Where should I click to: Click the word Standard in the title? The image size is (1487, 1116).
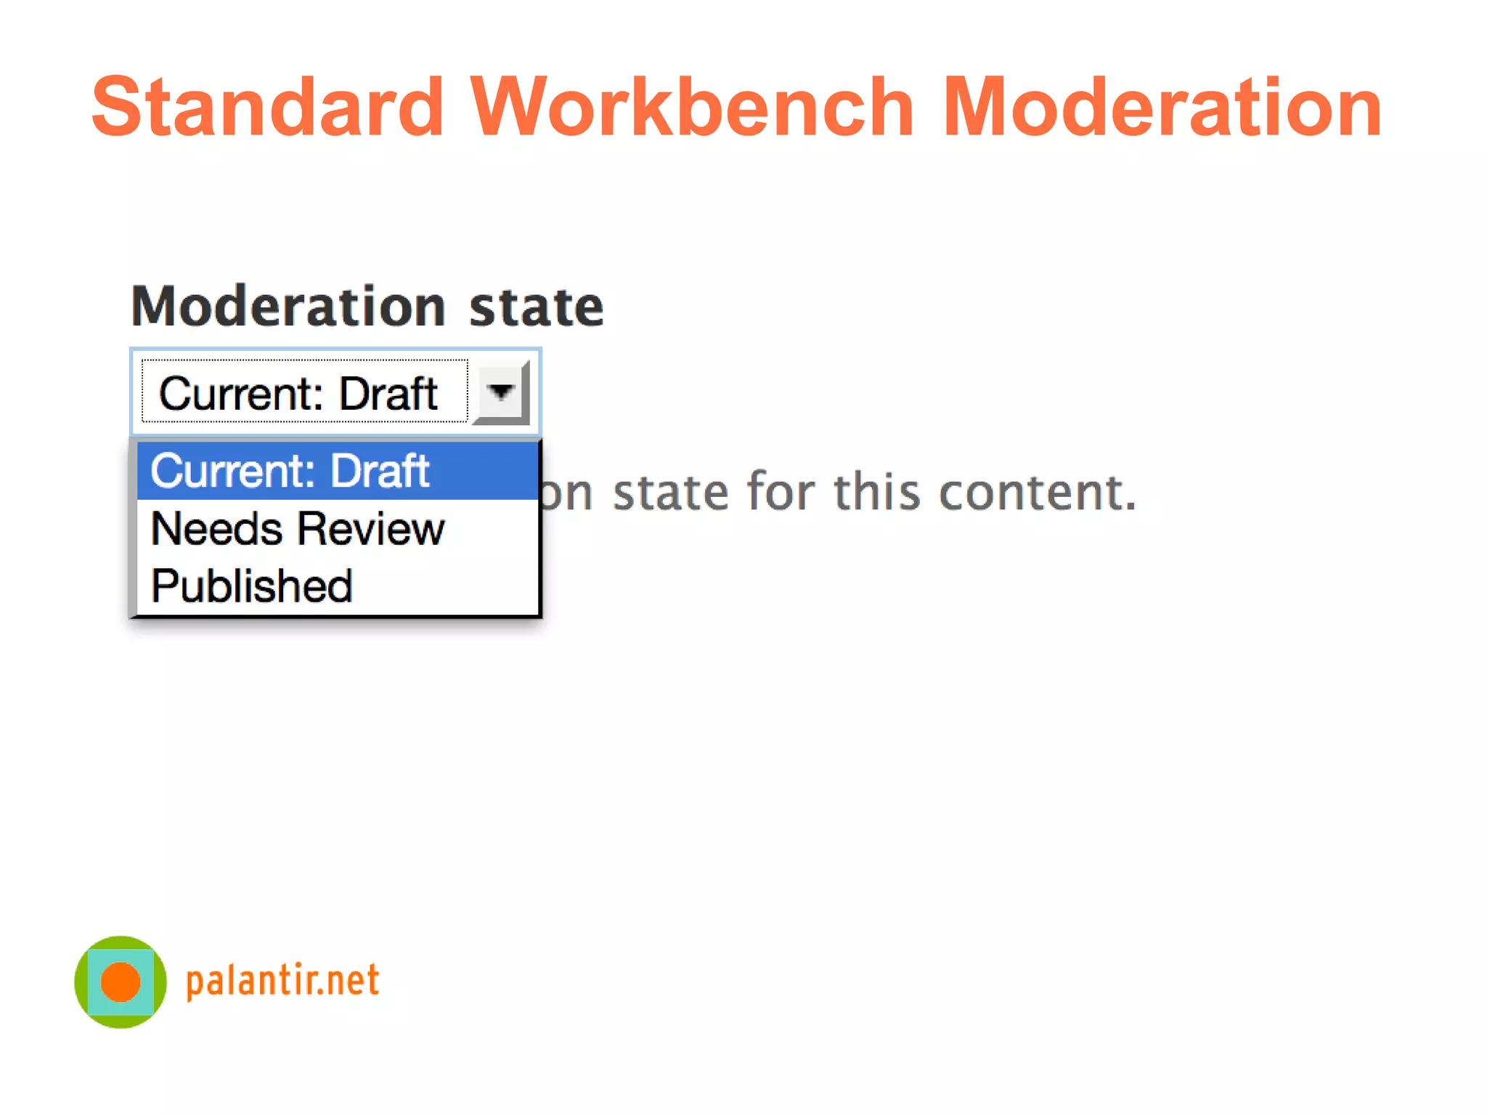pyautogui.click(x=267, y=108)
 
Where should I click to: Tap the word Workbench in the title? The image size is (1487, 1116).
pyautogui.click(x=691, y=108)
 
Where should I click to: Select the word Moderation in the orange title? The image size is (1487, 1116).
pyautogui.click(x=1162, y=108)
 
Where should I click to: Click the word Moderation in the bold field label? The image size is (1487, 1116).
pyautogui.click(x=288, y=307)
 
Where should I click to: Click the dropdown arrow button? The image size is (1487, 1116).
pyautogui.click(x=501, y=392)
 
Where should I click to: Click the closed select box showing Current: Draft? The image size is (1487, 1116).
pyautogui.click(x=305, y=392)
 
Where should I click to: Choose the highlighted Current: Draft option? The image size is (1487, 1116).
pyautogui.click(x=290, y=471)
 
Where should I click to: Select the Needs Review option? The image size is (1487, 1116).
pyautogui.click(x=298, y=529)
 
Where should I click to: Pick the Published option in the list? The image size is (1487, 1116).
pyautogui.click(x=252, y=586)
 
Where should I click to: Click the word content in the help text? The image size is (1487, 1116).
pyautogui.click(x=1037, y=493)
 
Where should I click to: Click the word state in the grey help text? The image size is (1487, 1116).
pyautogui.click(x=671, y=493)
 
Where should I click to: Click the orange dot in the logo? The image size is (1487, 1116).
pyautogui.click(x=121, y=982)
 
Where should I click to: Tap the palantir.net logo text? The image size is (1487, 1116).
pyautogui.click(x=282, y=981)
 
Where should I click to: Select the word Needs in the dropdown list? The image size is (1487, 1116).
pyautogui.click(x=216, y=529)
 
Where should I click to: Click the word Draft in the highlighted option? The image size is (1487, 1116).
pyautogui.click(x=380, y=471)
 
